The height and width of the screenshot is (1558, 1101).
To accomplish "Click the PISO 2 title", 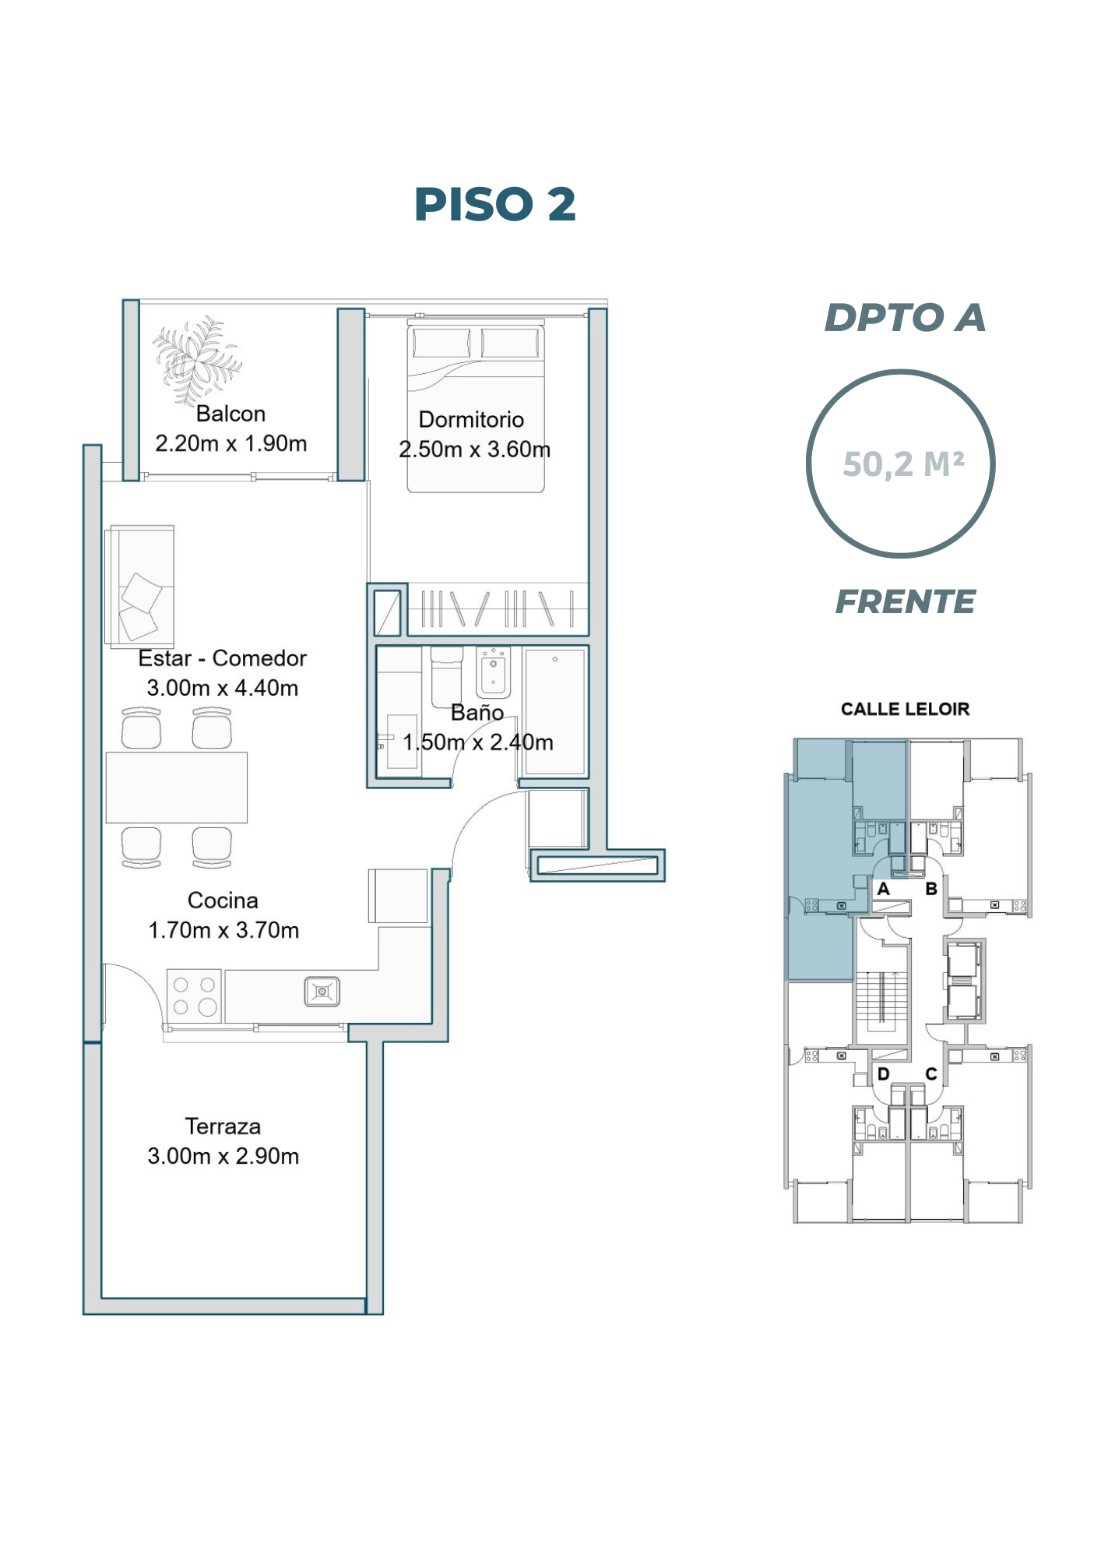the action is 494,204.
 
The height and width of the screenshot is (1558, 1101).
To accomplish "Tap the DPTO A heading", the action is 905,318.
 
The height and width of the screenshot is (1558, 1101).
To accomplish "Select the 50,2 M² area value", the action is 903,464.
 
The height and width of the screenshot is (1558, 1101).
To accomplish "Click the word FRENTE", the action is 905,601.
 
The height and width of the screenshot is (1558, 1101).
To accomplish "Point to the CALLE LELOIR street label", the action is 905,709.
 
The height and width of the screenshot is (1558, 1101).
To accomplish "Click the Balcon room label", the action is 230,414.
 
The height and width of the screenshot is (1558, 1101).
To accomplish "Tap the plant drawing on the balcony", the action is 196,359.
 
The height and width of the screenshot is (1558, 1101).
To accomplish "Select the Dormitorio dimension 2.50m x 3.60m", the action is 475,449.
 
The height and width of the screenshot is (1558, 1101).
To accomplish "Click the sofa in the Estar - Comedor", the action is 140,587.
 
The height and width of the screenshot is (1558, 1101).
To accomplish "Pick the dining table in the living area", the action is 177,787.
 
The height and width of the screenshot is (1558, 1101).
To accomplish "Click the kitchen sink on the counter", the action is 322,992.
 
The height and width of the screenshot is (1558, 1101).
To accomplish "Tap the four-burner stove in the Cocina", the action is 195,996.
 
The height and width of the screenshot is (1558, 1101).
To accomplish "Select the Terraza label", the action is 223,1126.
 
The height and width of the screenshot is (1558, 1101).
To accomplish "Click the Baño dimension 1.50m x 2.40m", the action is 478,742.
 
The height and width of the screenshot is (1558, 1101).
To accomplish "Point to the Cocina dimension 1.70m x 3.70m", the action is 223,930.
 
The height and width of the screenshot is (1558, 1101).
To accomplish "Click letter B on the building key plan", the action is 931,889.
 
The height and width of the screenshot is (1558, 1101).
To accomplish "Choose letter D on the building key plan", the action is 883,1074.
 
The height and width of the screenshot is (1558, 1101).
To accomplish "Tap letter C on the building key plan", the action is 931,1074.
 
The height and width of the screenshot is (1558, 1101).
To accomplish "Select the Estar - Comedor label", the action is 223,658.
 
